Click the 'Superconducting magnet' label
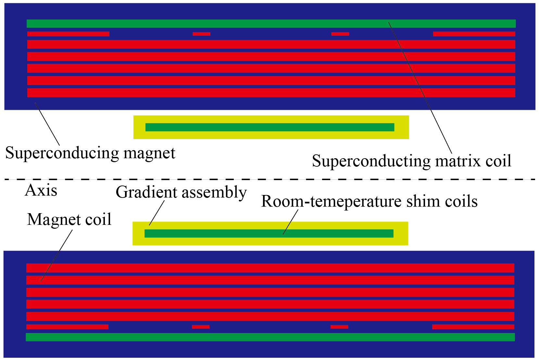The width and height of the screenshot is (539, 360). [90, 153]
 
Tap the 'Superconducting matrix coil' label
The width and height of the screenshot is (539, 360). [411, 161]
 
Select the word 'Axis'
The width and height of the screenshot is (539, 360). [41, 190]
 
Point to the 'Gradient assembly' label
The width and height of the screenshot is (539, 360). [181, 192]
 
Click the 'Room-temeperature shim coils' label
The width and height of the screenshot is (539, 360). [369, 201]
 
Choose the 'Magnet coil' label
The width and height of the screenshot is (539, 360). [69, 219]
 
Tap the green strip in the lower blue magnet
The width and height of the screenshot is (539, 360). [270, 337]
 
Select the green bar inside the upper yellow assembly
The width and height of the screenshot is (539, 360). [269, 127]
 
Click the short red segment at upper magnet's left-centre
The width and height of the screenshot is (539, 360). [201, 34]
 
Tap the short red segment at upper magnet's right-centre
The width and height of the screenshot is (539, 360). [340, 34]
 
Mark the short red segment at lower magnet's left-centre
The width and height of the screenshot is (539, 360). [201, 327]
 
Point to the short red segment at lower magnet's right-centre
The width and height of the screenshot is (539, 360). [339, 327]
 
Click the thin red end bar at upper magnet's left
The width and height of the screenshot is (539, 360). [68, 34]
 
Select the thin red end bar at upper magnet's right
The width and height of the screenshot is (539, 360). [474, 34]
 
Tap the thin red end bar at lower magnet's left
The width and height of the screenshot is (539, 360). [67, 327]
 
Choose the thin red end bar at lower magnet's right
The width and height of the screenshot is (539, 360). [473, 327]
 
